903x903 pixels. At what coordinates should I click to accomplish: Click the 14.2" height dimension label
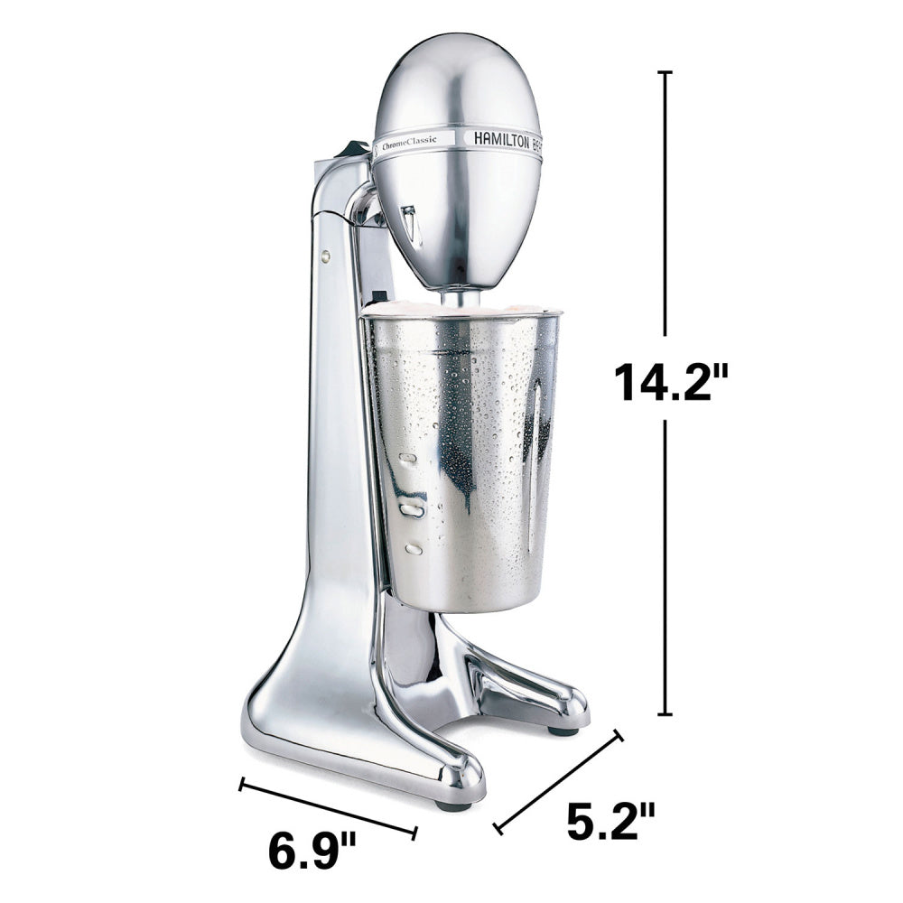pyautogui.click(x=670, y=380)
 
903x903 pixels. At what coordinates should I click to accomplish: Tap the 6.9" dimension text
pyautogui.click(x=312, y=851)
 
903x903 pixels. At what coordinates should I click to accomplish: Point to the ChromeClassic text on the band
pyautogui.click(x=409, y=141)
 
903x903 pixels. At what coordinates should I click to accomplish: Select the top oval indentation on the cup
pyautogui.click(x=408, y=459)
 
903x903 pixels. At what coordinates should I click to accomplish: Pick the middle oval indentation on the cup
pyautogui.click(x=414, y=510)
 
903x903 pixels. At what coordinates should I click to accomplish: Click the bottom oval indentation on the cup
pyautogui.click(x=414, y=549)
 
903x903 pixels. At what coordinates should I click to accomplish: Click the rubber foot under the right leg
pyautogui.click(x=563, y=730)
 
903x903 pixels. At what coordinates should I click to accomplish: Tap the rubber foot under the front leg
pyautogui.click(x=452, y=805)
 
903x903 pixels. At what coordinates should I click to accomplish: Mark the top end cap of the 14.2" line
pyautogui.click(x=666, y=72)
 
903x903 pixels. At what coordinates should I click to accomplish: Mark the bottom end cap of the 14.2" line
pyautogui.click(x=666, y=713)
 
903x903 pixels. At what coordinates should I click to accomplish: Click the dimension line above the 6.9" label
pyautogui.click(x=328, y=806)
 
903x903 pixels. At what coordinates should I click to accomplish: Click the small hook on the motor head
pyautogui.click(x=412, y=224)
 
